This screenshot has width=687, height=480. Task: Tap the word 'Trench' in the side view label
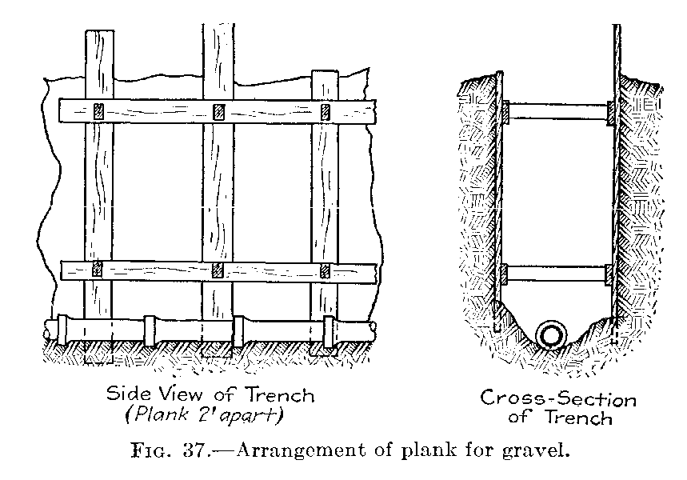click(280, 395)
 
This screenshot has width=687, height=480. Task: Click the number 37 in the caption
click(194, 450)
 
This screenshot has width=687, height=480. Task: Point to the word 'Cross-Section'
click(558, 398)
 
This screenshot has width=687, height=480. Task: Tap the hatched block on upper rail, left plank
click(99, 111)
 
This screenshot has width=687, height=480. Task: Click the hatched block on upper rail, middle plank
click(218, 112)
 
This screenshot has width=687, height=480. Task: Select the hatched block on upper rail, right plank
click(325, 112)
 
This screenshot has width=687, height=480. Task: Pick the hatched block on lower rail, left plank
click(98, 269)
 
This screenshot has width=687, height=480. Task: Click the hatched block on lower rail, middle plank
click(218, 270)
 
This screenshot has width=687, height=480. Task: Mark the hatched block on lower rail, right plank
click(325, 271)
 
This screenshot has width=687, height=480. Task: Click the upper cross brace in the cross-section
click(557, 111)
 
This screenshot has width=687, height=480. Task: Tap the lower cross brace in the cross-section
click(557, 274)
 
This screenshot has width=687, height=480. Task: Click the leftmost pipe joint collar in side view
click(62, 330)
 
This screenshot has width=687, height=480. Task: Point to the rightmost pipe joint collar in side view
click(328, 332)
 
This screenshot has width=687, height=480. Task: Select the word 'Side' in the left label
click(126, 394)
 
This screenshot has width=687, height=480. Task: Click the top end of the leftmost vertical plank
click(99, 30)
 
